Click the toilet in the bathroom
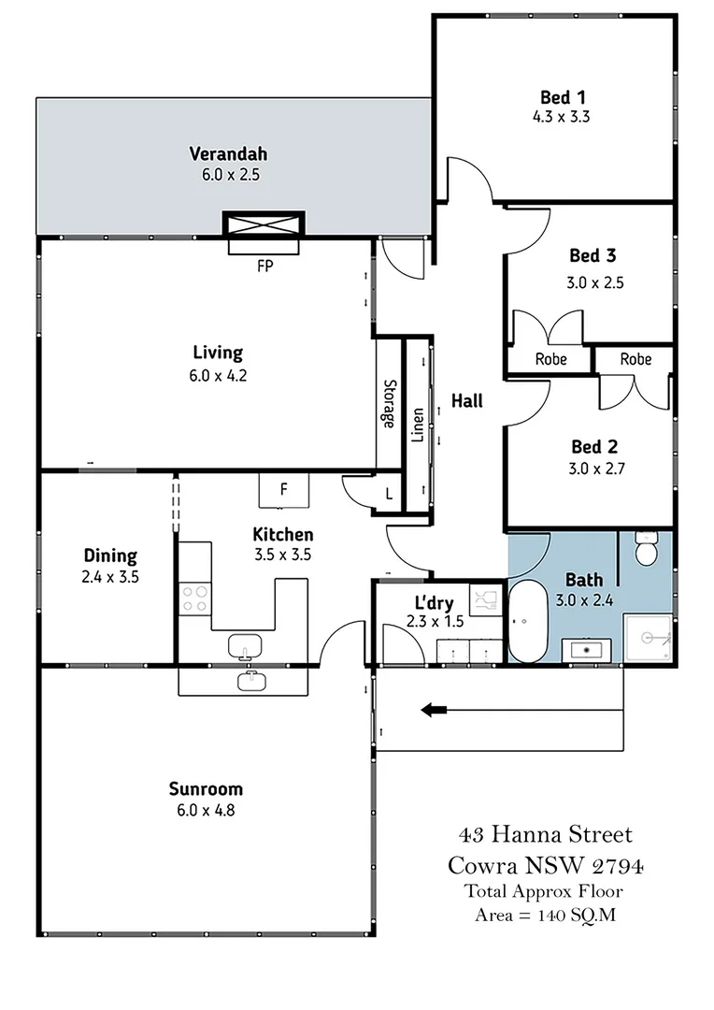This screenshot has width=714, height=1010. click(645, 548)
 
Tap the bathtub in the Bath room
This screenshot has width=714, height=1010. click(527, 621)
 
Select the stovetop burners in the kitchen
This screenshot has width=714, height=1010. click(194, 598)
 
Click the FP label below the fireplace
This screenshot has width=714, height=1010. click(265, 266)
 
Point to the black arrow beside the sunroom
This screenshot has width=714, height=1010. click(434, 710)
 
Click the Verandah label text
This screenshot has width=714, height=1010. click(229, 154)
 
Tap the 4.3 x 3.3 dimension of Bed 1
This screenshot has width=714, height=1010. click(562, 117)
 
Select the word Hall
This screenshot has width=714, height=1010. click(466, 400)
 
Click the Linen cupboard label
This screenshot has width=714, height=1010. click(418, 426)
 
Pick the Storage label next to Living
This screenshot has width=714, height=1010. click(390, 404)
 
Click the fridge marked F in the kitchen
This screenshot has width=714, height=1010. click(284, 491)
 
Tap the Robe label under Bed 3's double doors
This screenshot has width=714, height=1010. click(551, 359)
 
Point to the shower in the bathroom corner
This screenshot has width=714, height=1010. click(647, 638)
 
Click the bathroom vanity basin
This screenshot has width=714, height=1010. click(587, 650)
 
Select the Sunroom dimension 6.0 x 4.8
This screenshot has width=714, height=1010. click(206, 810)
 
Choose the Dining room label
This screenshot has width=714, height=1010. click(110, 555)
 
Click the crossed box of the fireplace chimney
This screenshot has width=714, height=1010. click(264, 224)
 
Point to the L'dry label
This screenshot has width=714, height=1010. click(434, 603)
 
